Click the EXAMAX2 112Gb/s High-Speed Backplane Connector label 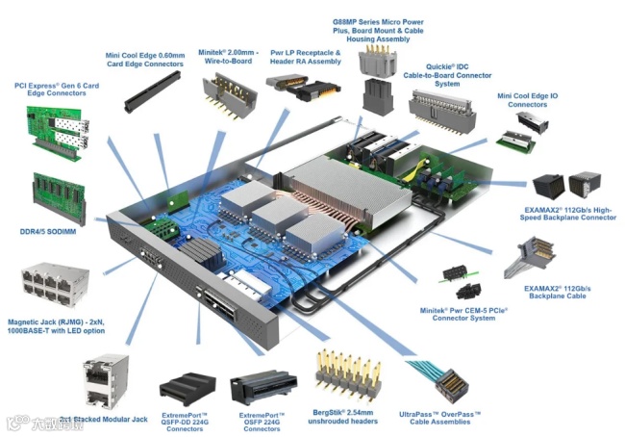[571, 214]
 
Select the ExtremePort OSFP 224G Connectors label [262, 421]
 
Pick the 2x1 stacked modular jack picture [108, 382]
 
